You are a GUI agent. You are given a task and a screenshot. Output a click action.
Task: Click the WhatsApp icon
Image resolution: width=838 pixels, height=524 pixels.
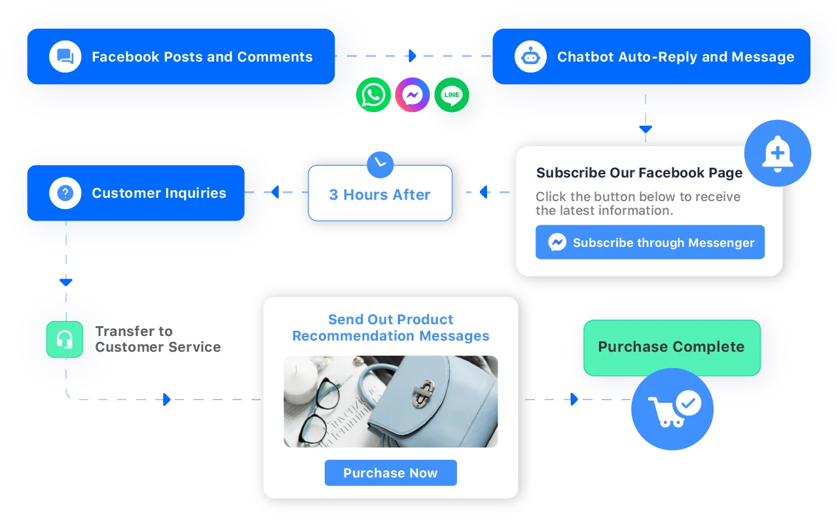click(374, 96)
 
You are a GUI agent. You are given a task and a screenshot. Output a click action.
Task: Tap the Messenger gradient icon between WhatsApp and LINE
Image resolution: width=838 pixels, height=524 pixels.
click(412, 96)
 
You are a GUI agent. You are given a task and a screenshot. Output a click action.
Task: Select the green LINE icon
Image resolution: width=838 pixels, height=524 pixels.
click(452, 96)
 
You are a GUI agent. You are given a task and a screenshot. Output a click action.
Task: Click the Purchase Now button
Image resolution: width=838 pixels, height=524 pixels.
click(390, 473)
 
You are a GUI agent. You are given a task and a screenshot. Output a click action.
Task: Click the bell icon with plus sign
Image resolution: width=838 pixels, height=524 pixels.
click(777, 154)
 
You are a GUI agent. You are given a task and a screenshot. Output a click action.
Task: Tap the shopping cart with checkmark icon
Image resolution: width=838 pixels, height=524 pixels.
click(672, 409)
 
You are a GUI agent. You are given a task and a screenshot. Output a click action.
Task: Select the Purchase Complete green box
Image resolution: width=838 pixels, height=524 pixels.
click(672, 347)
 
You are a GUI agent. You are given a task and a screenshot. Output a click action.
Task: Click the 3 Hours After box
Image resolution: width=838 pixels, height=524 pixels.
click(380, 195)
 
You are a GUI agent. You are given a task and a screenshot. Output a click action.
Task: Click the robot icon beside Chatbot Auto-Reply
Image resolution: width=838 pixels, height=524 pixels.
click(530, 57)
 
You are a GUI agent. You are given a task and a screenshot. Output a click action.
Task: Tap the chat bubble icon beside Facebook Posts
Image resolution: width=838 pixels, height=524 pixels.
click(65, 57)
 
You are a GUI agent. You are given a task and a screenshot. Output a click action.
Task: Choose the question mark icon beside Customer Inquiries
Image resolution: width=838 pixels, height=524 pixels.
click(65, 193)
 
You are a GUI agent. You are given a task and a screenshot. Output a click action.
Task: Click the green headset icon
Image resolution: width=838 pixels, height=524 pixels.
click(64, 339)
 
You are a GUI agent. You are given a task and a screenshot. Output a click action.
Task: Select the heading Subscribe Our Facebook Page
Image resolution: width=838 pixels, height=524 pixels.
click(639, 173)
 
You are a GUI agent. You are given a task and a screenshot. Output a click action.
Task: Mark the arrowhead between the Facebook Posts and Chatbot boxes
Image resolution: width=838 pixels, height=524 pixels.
click(412, 56)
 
